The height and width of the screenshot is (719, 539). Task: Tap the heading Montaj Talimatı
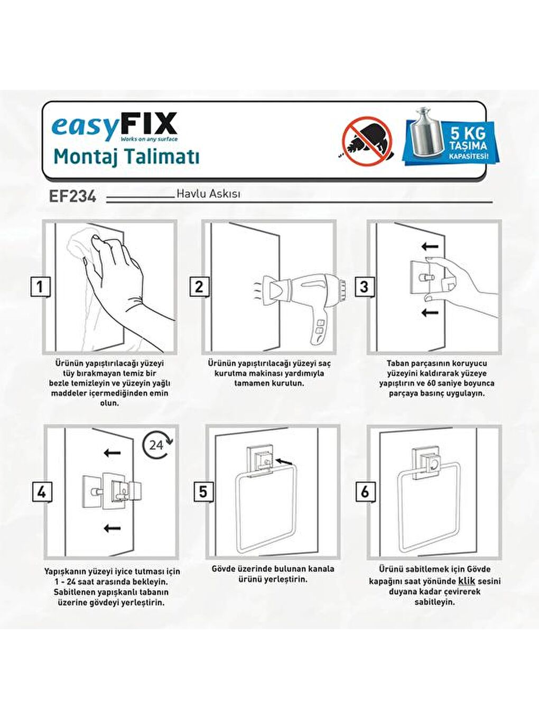(126, 157)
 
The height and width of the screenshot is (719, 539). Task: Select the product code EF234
(72, 196)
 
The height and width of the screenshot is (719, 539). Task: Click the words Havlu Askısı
(208, 193)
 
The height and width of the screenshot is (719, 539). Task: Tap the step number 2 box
(199, 287)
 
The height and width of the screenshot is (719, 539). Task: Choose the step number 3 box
(364, 287)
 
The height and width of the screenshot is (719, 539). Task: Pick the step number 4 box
(41, 492)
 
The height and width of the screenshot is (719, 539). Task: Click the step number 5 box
(203, 492)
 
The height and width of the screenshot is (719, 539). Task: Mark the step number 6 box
(365, 492)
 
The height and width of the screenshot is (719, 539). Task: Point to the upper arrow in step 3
(430, 246)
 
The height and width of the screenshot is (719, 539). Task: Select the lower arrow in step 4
(112, 528)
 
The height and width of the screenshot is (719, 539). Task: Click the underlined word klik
(466, 581)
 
